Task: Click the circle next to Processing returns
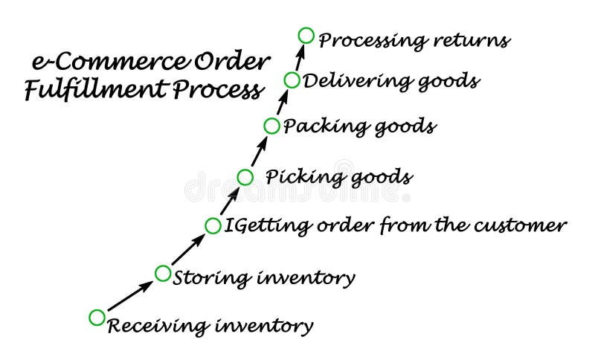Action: [306, 35]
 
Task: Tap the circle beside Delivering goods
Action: [292, 80]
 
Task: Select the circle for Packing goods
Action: [271, 126]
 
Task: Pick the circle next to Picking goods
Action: [245, 177]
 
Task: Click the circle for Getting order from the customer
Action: [213, 225]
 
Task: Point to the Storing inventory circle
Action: [163, 273]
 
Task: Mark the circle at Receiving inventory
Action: [97, 318]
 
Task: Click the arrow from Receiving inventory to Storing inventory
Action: [130, 295]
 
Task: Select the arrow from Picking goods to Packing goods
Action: [258, 152]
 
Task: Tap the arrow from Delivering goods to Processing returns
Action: [299, 58]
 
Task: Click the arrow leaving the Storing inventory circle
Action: [188, 249]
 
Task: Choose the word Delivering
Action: [348, 80]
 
